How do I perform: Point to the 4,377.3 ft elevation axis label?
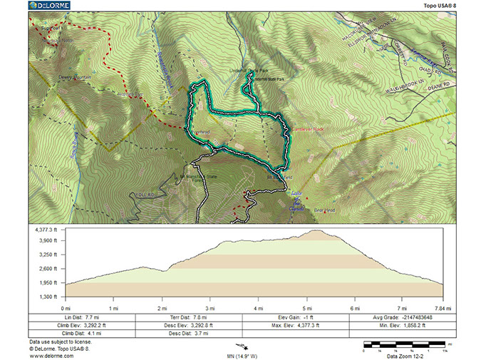point(48,230)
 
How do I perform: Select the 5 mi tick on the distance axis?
point(306,307)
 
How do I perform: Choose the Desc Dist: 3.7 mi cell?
point(189,333)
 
